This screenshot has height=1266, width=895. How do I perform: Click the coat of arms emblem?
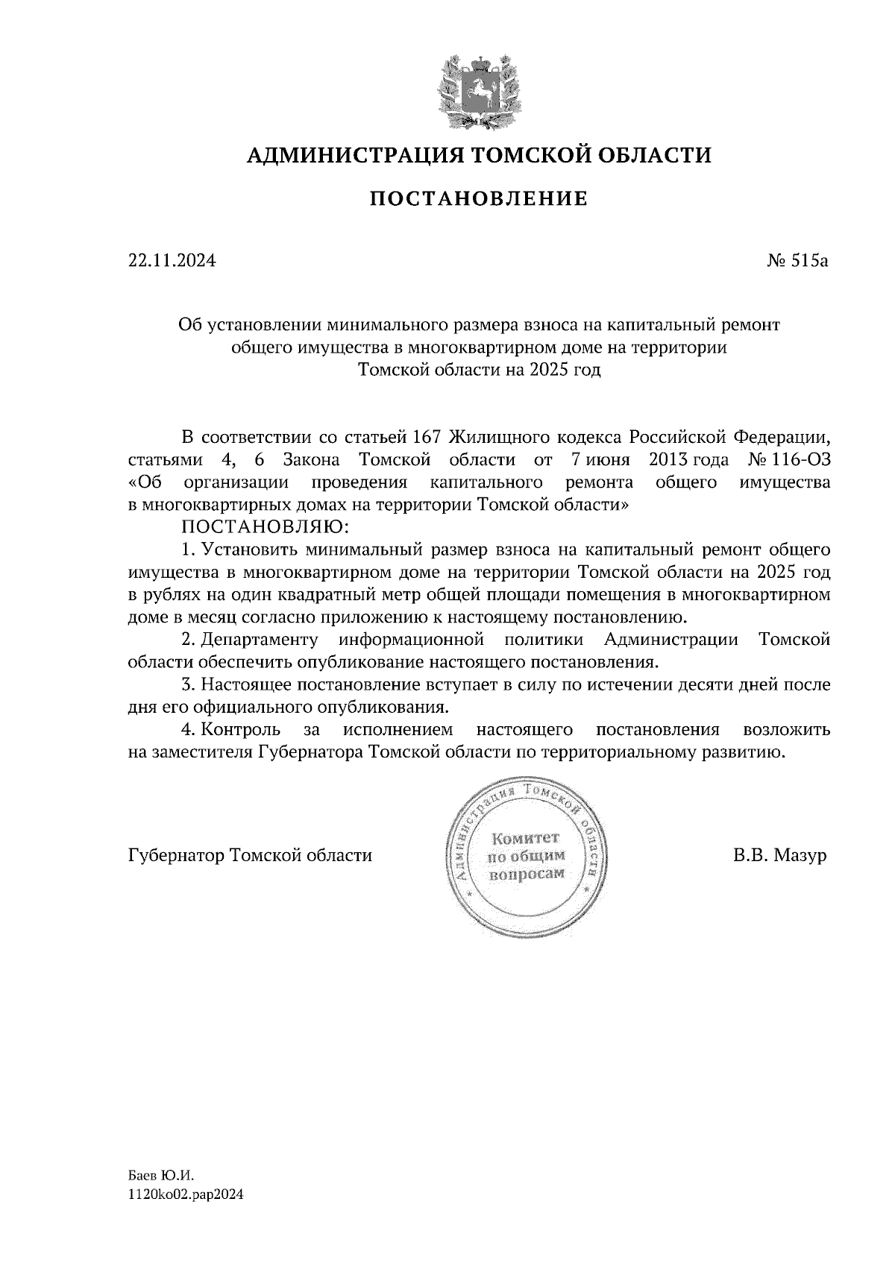pyautogui.click(x=478, y=89)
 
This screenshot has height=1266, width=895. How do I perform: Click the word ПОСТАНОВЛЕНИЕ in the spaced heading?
pyautogui.click(x=478, y=199)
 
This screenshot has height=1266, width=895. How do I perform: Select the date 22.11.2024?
pyautogui.click(x=172, y=261)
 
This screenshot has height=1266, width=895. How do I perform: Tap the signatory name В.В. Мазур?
pyautogui.click(x=780, y=854)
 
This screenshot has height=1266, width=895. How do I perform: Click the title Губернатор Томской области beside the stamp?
pyautogui.click(x=250, y=854)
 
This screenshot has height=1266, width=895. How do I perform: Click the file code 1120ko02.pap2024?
pyautogui.click(x=186, y=1194)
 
